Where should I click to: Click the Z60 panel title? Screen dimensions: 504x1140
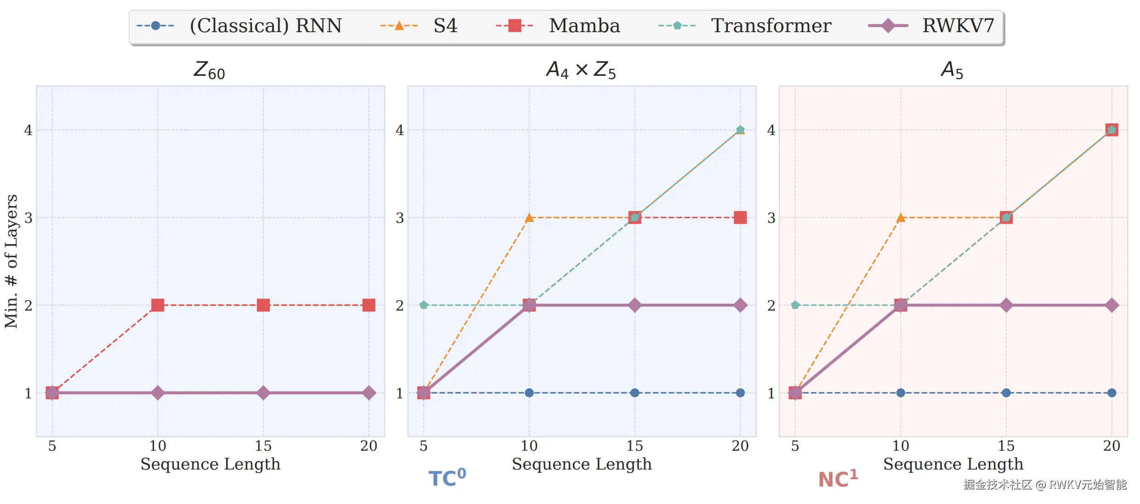(x=209, y=70)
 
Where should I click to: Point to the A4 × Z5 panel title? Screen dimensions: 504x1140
(x=581, y=70)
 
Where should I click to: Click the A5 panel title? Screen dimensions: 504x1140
(x=952, y=70)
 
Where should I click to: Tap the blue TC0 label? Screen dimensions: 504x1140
(x=447, y=478)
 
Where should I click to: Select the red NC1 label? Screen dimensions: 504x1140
(x=838, y=479)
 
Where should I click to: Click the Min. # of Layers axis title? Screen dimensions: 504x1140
(x=11, y=261)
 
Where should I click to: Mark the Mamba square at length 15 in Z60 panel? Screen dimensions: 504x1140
(x=263, y=305)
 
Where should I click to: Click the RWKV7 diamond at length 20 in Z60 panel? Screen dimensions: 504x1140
(x=369, y=393)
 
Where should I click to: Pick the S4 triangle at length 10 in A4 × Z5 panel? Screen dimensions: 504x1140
(x=529, y=217)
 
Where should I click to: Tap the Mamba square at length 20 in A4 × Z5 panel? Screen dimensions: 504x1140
(x=740, y=217)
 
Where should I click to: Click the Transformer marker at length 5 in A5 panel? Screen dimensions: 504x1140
(x=795, y=305)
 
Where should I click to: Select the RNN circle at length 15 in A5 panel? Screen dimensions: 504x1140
(x=1006, y=393)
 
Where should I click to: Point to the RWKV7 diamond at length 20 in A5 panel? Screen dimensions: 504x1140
(x=1112, y=305)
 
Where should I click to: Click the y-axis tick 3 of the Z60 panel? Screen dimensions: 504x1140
(x=28, y=218)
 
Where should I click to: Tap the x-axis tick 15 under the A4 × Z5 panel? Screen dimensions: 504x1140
(x=635, y=446)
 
